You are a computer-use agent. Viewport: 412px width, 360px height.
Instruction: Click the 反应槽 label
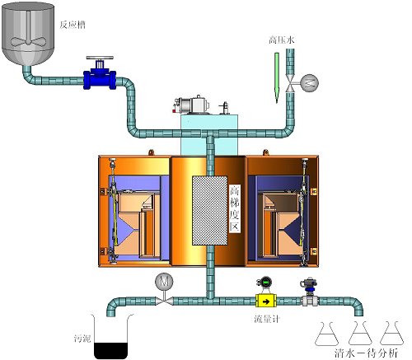tap(73, 25)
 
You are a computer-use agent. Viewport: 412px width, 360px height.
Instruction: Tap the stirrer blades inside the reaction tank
tap(28, 41)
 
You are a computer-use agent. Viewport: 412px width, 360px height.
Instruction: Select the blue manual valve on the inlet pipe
tap(100, 73)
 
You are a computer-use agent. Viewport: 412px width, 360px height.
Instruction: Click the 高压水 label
tap(282, 40)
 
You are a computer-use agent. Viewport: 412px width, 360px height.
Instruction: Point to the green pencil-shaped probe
tap(277, 78)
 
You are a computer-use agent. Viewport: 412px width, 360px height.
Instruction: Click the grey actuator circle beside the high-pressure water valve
tap(309, 82)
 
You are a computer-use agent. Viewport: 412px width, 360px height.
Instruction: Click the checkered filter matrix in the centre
tap(210, 211)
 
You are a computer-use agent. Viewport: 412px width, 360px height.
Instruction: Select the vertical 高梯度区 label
tap(235, 208)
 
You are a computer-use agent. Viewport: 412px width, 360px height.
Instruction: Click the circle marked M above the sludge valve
tap(164, 282)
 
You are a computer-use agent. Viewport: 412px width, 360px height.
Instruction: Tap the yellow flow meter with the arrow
tap(266, 301)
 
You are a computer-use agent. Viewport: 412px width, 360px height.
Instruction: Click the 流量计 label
tap(267, 319)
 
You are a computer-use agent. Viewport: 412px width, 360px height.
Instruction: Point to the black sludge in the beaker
tap(111, 351)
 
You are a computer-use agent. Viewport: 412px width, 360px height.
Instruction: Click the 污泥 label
tap(82, 339)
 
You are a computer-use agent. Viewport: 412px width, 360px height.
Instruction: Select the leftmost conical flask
tap(326, 334)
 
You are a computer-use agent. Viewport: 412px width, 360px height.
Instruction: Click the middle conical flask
tap(360, 334)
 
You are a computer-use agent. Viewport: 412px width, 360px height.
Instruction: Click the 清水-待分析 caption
tap(367, 353)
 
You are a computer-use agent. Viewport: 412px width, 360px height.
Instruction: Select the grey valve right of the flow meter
tap(309, 293)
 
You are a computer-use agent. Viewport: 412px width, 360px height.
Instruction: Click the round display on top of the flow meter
tap(265, 282)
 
